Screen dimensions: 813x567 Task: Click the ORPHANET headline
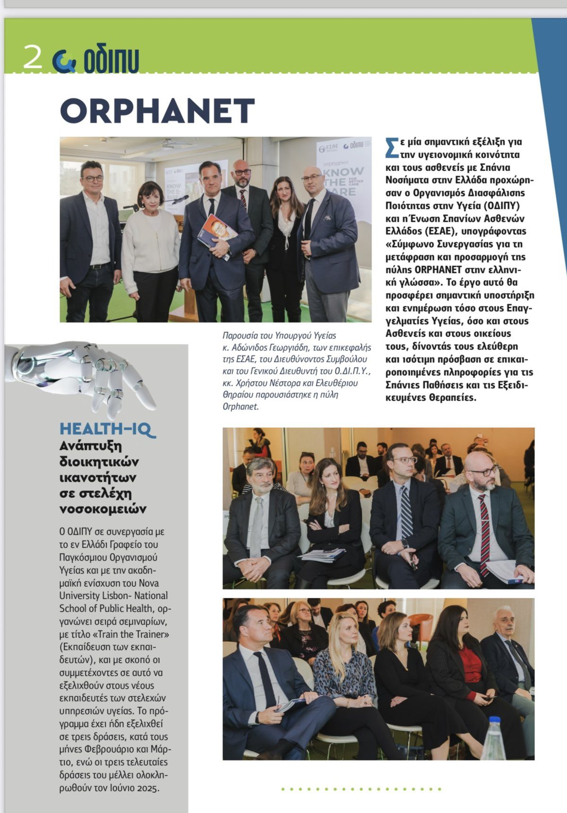157,111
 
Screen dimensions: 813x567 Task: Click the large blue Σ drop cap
391,147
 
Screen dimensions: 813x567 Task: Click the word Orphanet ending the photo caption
240,406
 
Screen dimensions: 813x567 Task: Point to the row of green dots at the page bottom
361,789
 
